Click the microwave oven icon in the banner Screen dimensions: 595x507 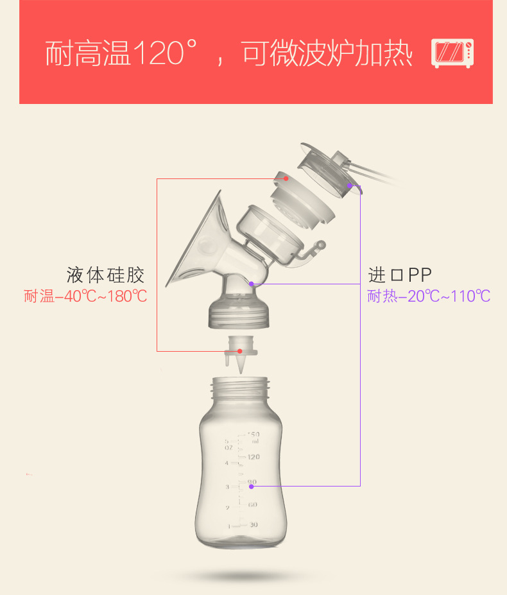click(x=452, y=53)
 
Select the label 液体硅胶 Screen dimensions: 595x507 click(x=105, y=275)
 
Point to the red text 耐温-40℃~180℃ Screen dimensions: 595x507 click(x=85, y=297)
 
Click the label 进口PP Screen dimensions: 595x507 click(x=400, y=275)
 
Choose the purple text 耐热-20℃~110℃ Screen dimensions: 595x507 click(x=429, y=297)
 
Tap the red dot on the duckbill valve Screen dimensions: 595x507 click(x=239, y=351)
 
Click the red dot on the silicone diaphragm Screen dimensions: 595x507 click(x=286, y=178)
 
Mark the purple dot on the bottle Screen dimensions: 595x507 click(x=251, y=486)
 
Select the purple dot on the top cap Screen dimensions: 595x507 click(x=350, y=186)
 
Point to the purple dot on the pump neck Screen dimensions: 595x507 click(x=252, y=283)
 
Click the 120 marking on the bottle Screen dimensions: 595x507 click(x=253, y=457)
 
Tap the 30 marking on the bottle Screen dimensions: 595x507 click(x=253, y=524)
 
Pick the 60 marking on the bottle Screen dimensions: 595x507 click(x=253, y=504)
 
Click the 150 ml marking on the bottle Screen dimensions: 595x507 click(x=253, y=438)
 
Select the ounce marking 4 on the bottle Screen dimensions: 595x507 click(x=227, y=463)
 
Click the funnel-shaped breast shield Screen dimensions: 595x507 click(x=196, y=241)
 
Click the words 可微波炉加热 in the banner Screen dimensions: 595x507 click(x=327, y=54)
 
